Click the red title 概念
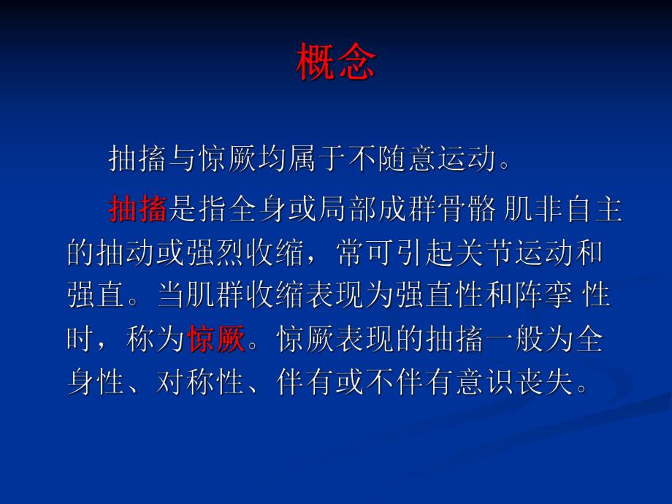(335, 63)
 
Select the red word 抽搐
(138, 210)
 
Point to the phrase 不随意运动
(421, 157)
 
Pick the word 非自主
(579, 210)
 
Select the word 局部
(348, 210)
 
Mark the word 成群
(408, 210)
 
